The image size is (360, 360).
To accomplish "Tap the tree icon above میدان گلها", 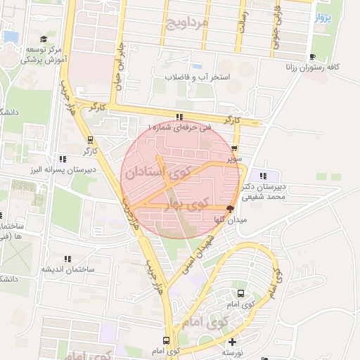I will (230, 209).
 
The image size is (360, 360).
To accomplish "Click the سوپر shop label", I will (234, 159).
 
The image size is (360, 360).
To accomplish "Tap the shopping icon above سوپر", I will (234, 149).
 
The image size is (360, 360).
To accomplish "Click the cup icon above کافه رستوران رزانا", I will (314, 56).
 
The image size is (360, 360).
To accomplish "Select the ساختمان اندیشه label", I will (66, 269).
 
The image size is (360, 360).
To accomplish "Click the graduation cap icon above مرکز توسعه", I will (44, 40).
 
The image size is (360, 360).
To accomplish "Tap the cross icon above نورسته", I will (233, 342).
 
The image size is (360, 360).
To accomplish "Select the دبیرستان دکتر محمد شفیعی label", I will (263, 192).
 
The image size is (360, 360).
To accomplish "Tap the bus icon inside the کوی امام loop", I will (241, 294).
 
